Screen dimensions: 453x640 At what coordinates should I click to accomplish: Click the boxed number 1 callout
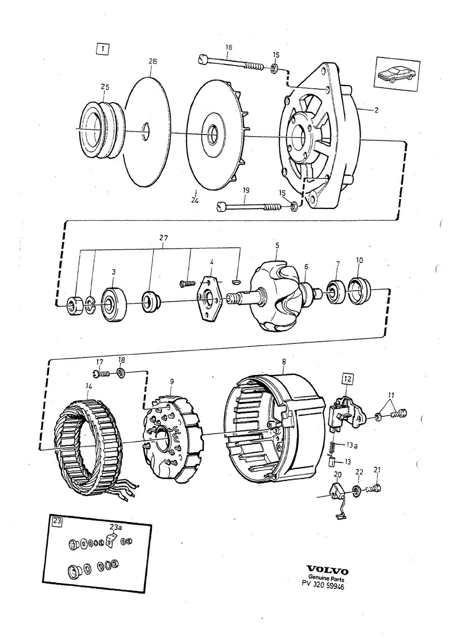103,49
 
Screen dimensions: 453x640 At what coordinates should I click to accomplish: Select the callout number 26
153,62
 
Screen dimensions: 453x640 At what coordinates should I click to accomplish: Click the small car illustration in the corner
397,73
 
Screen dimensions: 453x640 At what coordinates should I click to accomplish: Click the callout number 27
164,238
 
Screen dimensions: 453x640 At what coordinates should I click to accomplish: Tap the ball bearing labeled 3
114,304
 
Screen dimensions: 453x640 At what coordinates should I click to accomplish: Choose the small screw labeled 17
102,372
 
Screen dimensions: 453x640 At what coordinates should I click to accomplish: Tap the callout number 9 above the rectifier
172,382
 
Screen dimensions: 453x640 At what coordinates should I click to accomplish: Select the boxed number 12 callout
347,379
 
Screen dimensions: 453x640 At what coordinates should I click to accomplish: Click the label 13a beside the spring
351,445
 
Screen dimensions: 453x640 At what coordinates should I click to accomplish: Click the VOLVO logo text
327,571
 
